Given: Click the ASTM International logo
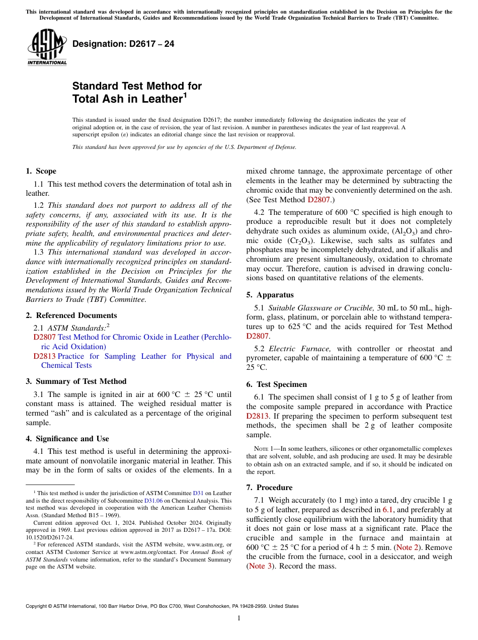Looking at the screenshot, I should coord(47,48).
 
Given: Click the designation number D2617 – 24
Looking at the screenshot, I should coord(123,44).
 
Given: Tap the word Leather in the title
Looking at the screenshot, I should coord(158,99).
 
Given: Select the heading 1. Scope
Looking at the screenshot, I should coord(41,171).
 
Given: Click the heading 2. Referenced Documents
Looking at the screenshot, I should coord(71,315).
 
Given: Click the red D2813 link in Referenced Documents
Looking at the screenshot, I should coord(44,356).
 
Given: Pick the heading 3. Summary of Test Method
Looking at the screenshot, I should coord(76,381).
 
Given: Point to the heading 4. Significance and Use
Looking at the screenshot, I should coord(67,439).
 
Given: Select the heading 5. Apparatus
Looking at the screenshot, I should coord(270,295).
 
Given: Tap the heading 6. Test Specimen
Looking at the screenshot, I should coord(276,384).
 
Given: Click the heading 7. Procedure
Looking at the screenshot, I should coord(269,488).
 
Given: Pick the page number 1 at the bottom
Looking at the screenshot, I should coord(239,618).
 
